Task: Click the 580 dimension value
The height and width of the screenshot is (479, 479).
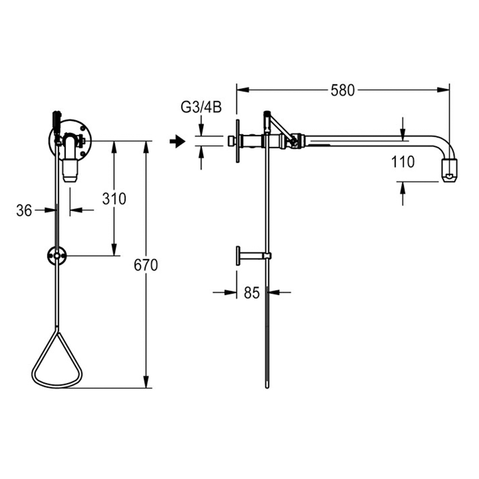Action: [x=342, y=91]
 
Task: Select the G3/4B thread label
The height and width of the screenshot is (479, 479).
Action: [x=201, y=107]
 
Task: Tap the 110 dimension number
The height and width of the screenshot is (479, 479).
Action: [x=403, y=161]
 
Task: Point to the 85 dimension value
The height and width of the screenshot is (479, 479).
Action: [x=252, y=293]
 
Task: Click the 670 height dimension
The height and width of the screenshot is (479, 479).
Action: [x=146, y=265]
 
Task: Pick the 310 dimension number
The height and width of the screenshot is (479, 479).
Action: [x=114, y=199]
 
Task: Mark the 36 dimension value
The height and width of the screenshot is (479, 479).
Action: [x=24, y=210]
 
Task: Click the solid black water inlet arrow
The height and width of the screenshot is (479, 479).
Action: [x=178, y=142]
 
